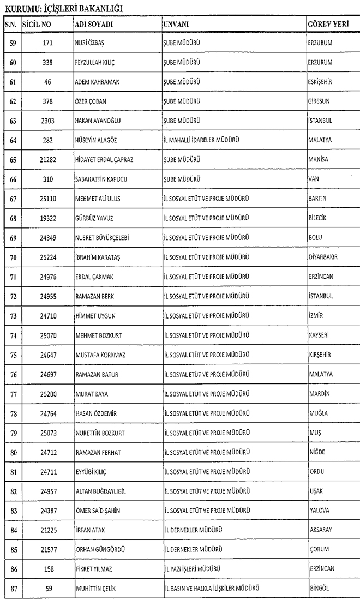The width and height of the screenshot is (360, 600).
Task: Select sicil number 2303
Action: (47, 121)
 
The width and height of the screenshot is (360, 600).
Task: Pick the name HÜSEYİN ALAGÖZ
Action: (97, 140)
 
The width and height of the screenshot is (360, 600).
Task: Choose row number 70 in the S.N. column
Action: (13, 257)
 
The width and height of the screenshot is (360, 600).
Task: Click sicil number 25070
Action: (47, 335)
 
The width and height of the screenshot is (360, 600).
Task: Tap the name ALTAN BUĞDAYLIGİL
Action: (100, 491)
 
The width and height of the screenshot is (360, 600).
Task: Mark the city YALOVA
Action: (319, 511)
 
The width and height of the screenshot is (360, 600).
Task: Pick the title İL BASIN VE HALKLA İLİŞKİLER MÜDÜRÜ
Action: (212, 589)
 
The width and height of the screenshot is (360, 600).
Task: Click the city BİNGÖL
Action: (319, 589)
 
